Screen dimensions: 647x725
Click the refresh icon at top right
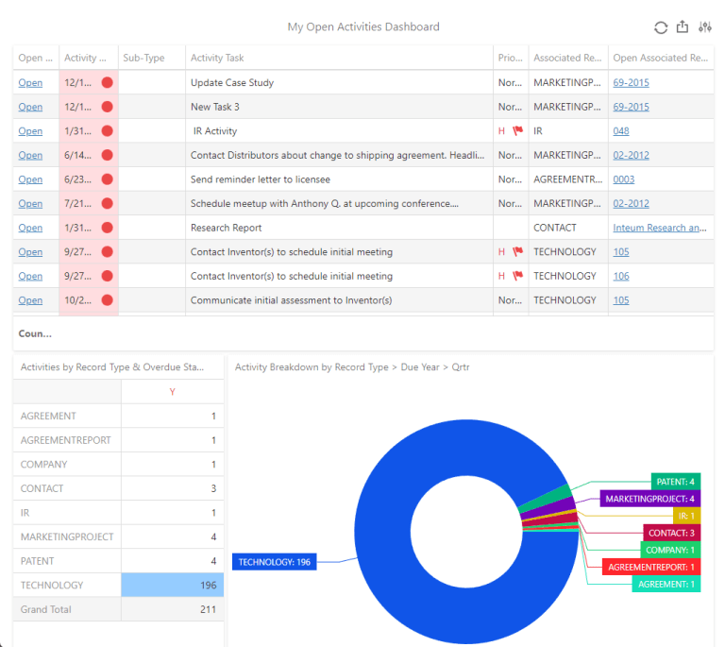[661, 27]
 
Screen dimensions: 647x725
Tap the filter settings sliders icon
[703, 27]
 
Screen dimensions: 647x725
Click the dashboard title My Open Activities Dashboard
[362, 27]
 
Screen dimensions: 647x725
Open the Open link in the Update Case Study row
[30, 82]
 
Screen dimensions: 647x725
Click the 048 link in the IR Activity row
[620, 131]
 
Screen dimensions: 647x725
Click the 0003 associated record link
[623, 179]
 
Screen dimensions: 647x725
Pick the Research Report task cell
[227, 228]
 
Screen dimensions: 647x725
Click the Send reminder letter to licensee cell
[261, 179]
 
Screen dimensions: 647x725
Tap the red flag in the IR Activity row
[517, 131]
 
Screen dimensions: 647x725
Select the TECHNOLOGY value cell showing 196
[173, 586]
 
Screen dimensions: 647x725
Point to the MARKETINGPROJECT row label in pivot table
[66, 536]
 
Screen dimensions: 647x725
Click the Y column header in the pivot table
[172, 392]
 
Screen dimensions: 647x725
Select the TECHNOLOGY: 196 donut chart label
[274, 562]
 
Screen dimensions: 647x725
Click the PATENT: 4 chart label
[676, 482]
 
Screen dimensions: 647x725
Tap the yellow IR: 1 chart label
[685, 516]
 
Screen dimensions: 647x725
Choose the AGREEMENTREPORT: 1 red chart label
[651, 567]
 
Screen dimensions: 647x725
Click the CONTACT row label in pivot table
[42, 488]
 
